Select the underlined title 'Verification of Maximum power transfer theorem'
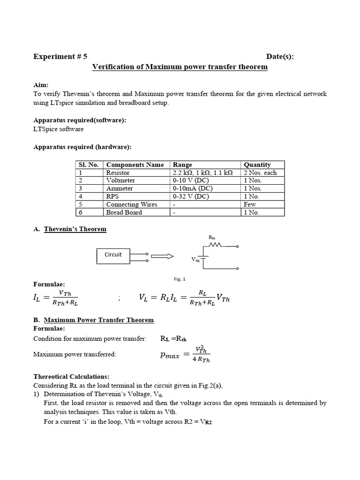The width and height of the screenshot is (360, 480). point(180,67)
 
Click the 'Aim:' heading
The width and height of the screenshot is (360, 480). point(41,85)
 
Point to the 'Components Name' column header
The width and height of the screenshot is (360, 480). point(135,165)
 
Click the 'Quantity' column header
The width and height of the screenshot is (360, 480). point(257,165)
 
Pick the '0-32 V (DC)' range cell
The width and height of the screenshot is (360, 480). point(191,196)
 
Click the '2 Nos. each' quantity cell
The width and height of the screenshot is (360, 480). point(260,172)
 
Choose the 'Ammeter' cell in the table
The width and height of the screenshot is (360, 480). point(120,188)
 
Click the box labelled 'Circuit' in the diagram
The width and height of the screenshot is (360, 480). point(113,255)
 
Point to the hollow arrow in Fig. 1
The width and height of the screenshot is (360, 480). point(162,256)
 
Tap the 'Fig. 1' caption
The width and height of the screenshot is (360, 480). point(180,279)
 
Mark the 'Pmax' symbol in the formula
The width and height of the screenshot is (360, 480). point(170,356)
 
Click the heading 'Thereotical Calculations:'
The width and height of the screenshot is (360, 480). point(71,376)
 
